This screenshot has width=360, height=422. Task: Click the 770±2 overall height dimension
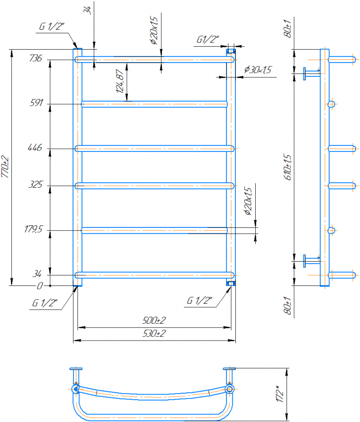[5, 167]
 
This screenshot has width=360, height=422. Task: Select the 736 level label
[36, 59]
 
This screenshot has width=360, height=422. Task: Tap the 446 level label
[37, 148]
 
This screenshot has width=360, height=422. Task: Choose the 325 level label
[37, 185]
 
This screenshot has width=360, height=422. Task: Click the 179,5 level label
[34, 230]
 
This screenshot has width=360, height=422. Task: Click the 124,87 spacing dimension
[119, 82]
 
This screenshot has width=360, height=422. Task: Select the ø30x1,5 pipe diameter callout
[258, 70]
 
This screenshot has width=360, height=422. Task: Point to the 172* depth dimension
[281, 394]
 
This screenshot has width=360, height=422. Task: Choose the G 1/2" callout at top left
[51, 27]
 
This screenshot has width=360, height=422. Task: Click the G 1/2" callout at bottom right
[200, 300]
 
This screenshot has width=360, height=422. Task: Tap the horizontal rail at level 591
[154, 104]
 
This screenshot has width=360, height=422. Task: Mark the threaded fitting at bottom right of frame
[231, 283]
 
